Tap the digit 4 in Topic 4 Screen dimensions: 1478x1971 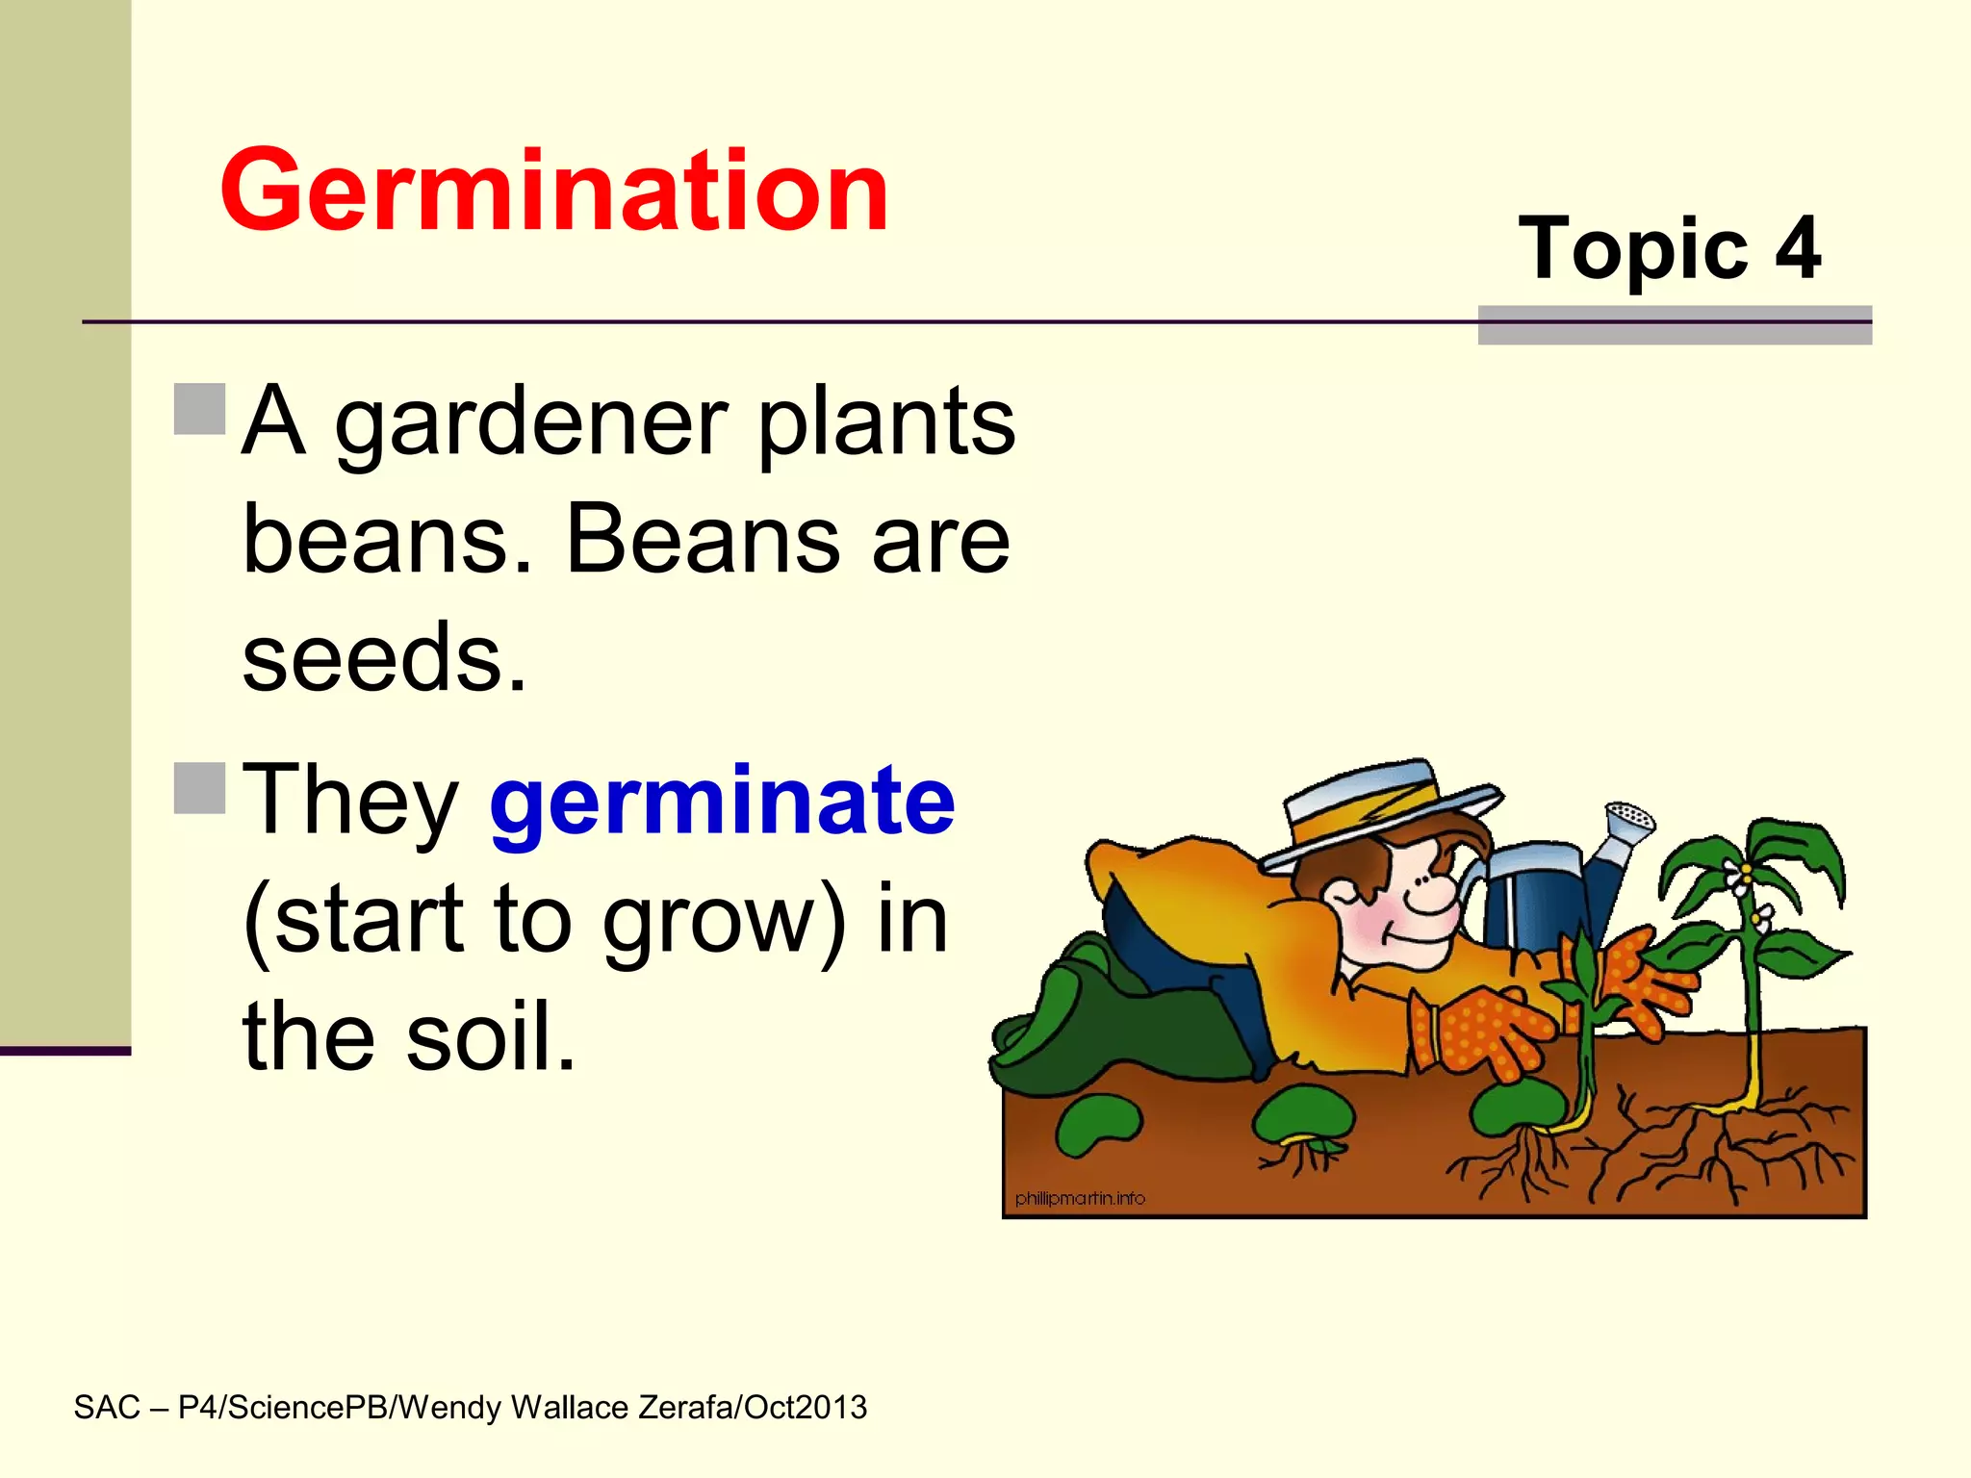point(1797,248)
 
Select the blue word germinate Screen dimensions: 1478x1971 point(722,802)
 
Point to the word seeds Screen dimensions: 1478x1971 point(384,657)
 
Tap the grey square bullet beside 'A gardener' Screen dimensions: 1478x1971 point(200,409)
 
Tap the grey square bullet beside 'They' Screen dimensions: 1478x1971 point(200,787)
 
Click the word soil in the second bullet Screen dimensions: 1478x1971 point(490,1036)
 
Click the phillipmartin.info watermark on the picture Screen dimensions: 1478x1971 point(1080,1198)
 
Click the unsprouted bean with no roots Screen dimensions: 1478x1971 point(1097,1123)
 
